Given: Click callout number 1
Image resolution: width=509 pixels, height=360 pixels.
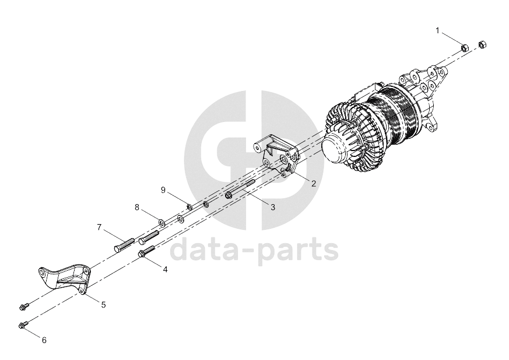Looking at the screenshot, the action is point(438,31).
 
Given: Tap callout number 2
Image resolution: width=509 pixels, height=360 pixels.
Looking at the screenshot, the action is point(314,184).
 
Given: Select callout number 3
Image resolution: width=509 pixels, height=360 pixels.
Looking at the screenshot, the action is point(273,207).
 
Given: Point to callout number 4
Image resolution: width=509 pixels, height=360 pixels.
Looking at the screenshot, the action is point(165,270).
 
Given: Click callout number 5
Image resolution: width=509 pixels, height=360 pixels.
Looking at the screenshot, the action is point(104,305).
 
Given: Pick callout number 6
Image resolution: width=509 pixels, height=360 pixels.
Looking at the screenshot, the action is point(44,340).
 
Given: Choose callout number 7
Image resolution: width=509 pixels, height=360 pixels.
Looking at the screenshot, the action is point(99,227).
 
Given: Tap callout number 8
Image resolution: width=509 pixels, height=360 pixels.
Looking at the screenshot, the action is point(137,207).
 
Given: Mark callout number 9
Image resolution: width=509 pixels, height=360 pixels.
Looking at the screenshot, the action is point(163,190).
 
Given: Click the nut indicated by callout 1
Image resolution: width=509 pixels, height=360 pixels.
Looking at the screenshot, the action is point(465,48).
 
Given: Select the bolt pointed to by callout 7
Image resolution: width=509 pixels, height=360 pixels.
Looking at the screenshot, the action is point(124,244).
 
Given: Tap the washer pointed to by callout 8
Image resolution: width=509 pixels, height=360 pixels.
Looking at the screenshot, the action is point(162,223).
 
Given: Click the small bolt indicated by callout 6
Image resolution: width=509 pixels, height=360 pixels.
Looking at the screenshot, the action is point(24,324).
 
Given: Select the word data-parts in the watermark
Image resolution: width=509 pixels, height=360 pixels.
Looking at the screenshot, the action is point(254,250).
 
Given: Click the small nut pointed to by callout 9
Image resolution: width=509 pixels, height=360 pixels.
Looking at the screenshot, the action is point(188,207).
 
